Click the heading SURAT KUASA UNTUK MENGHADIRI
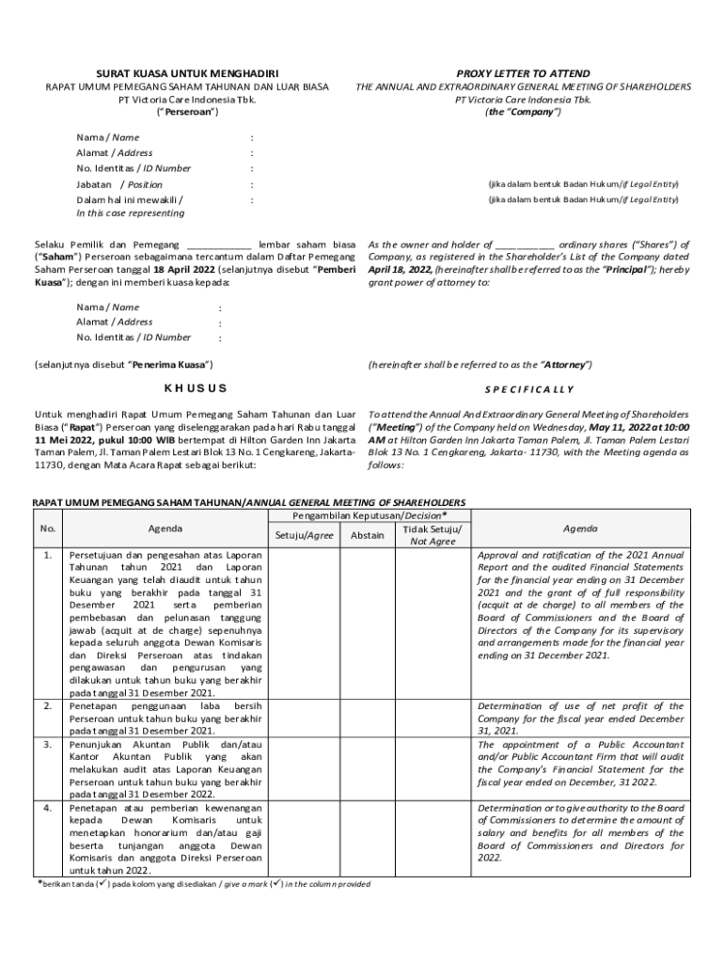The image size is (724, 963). point(188,73)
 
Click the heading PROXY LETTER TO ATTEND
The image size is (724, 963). point(523,73)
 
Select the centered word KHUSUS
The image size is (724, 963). point(196,388)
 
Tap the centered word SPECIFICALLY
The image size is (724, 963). point(528,389)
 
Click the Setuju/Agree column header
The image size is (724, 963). point(304,535)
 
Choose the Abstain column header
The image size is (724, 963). point(367,535)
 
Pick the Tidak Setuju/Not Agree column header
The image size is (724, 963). point(432,535)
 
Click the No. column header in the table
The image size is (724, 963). point(48,528)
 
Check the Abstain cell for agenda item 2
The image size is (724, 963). point(367,717)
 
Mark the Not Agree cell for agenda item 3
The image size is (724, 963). point(432,767)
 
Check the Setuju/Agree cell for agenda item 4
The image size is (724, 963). point(304,838)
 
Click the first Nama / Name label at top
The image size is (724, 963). point(108,137)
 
